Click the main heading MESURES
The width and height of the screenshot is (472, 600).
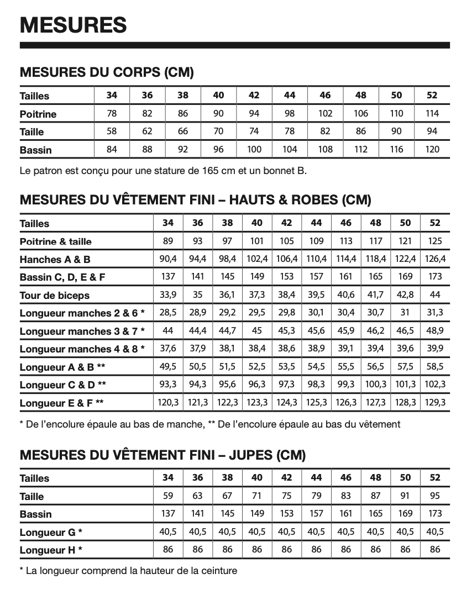tap(74, 25)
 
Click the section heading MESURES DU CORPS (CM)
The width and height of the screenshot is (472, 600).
tap(107, 72)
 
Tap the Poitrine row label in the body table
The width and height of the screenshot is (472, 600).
tap(38, 114)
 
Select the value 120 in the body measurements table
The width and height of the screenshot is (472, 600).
tap(432, 149)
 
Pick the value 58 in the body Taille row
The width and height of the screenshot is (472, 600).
tap(112, 131)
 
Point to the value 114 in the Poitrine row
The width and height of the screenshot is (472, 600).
tap(432, 114)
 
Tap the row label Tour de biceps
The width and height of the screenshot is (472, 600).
tap(54, 296)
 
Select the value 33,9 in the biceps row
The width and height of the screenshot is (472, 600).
tap(168, 295)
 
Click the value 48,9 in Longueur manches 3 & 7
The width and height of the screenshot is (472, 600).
tap(435, 331)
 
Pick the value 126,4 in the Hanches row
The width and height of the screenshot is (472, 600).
tap(435, 259)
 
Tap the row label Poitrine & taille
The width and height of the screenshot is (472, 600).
tap(56, 241)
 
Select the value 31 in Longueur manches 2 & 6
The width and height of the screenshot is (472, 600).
tap(405, 313)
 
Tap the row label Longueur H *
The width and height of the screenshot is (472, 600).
tap(50, 550)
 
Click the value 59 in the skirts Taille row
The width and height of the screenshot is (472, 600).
tap(168, 496)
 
